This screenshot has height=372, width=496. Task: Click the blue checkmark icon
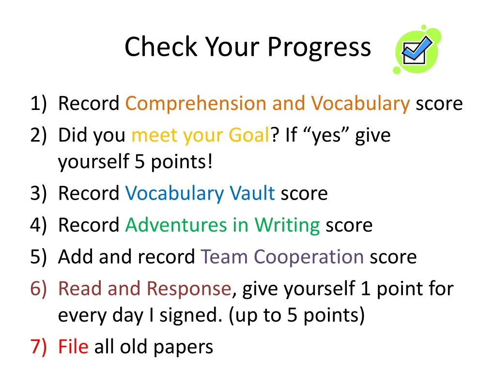[417, 50]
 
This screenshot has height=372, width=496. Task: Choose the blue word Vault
[252, 193]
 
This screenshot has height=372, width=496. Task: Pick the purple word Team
[224, 257]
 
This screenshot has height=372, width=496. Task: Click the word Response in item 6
[189, 289]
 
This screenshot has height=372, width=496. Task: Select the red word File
[73, 347]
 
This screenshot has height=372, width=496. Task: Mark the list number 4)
[38, 226]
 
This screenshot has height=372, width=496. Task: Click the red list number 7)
[38, 347]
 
